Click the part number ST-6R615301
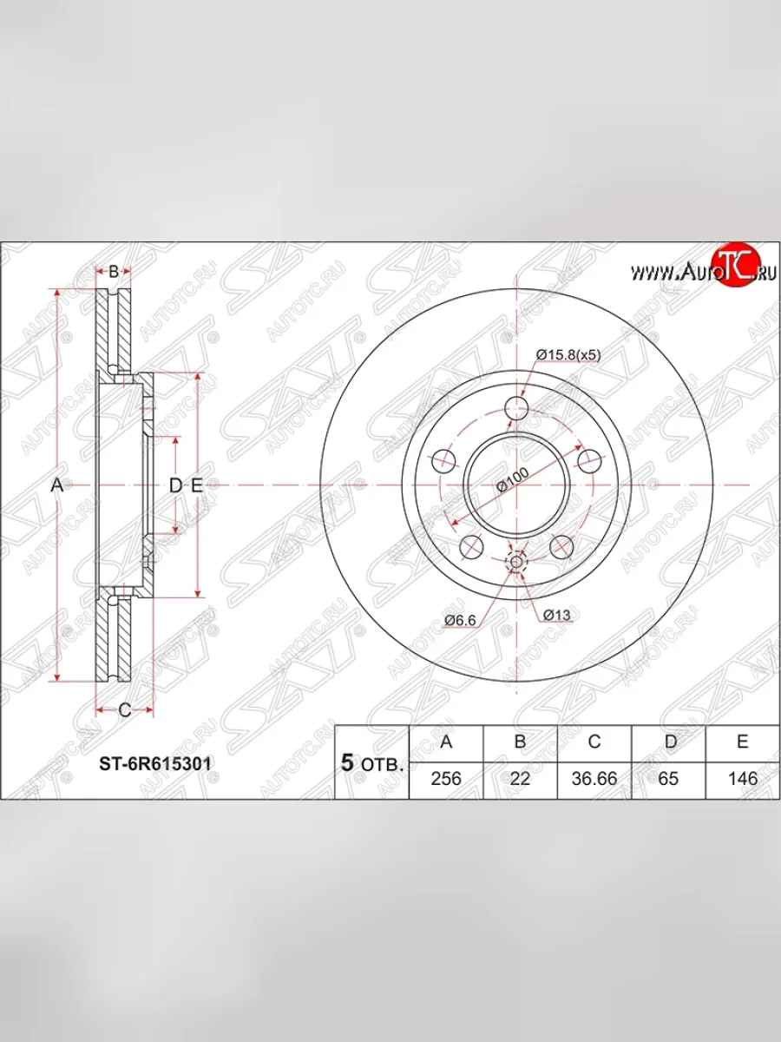[x=155, y=763]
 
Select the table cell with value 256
[x=446, y=779]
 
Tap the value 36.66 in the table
[x=594, y=779]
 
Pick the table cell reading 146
[x=743, y=779]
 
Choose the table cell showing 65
[x=668, y=779]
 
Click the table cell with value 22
[x=520, y=779]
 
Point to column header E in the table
[x=743, y=742]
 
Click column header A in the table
[x=446, y=742]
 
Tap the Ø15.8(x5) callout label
[x=568, y=354]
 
